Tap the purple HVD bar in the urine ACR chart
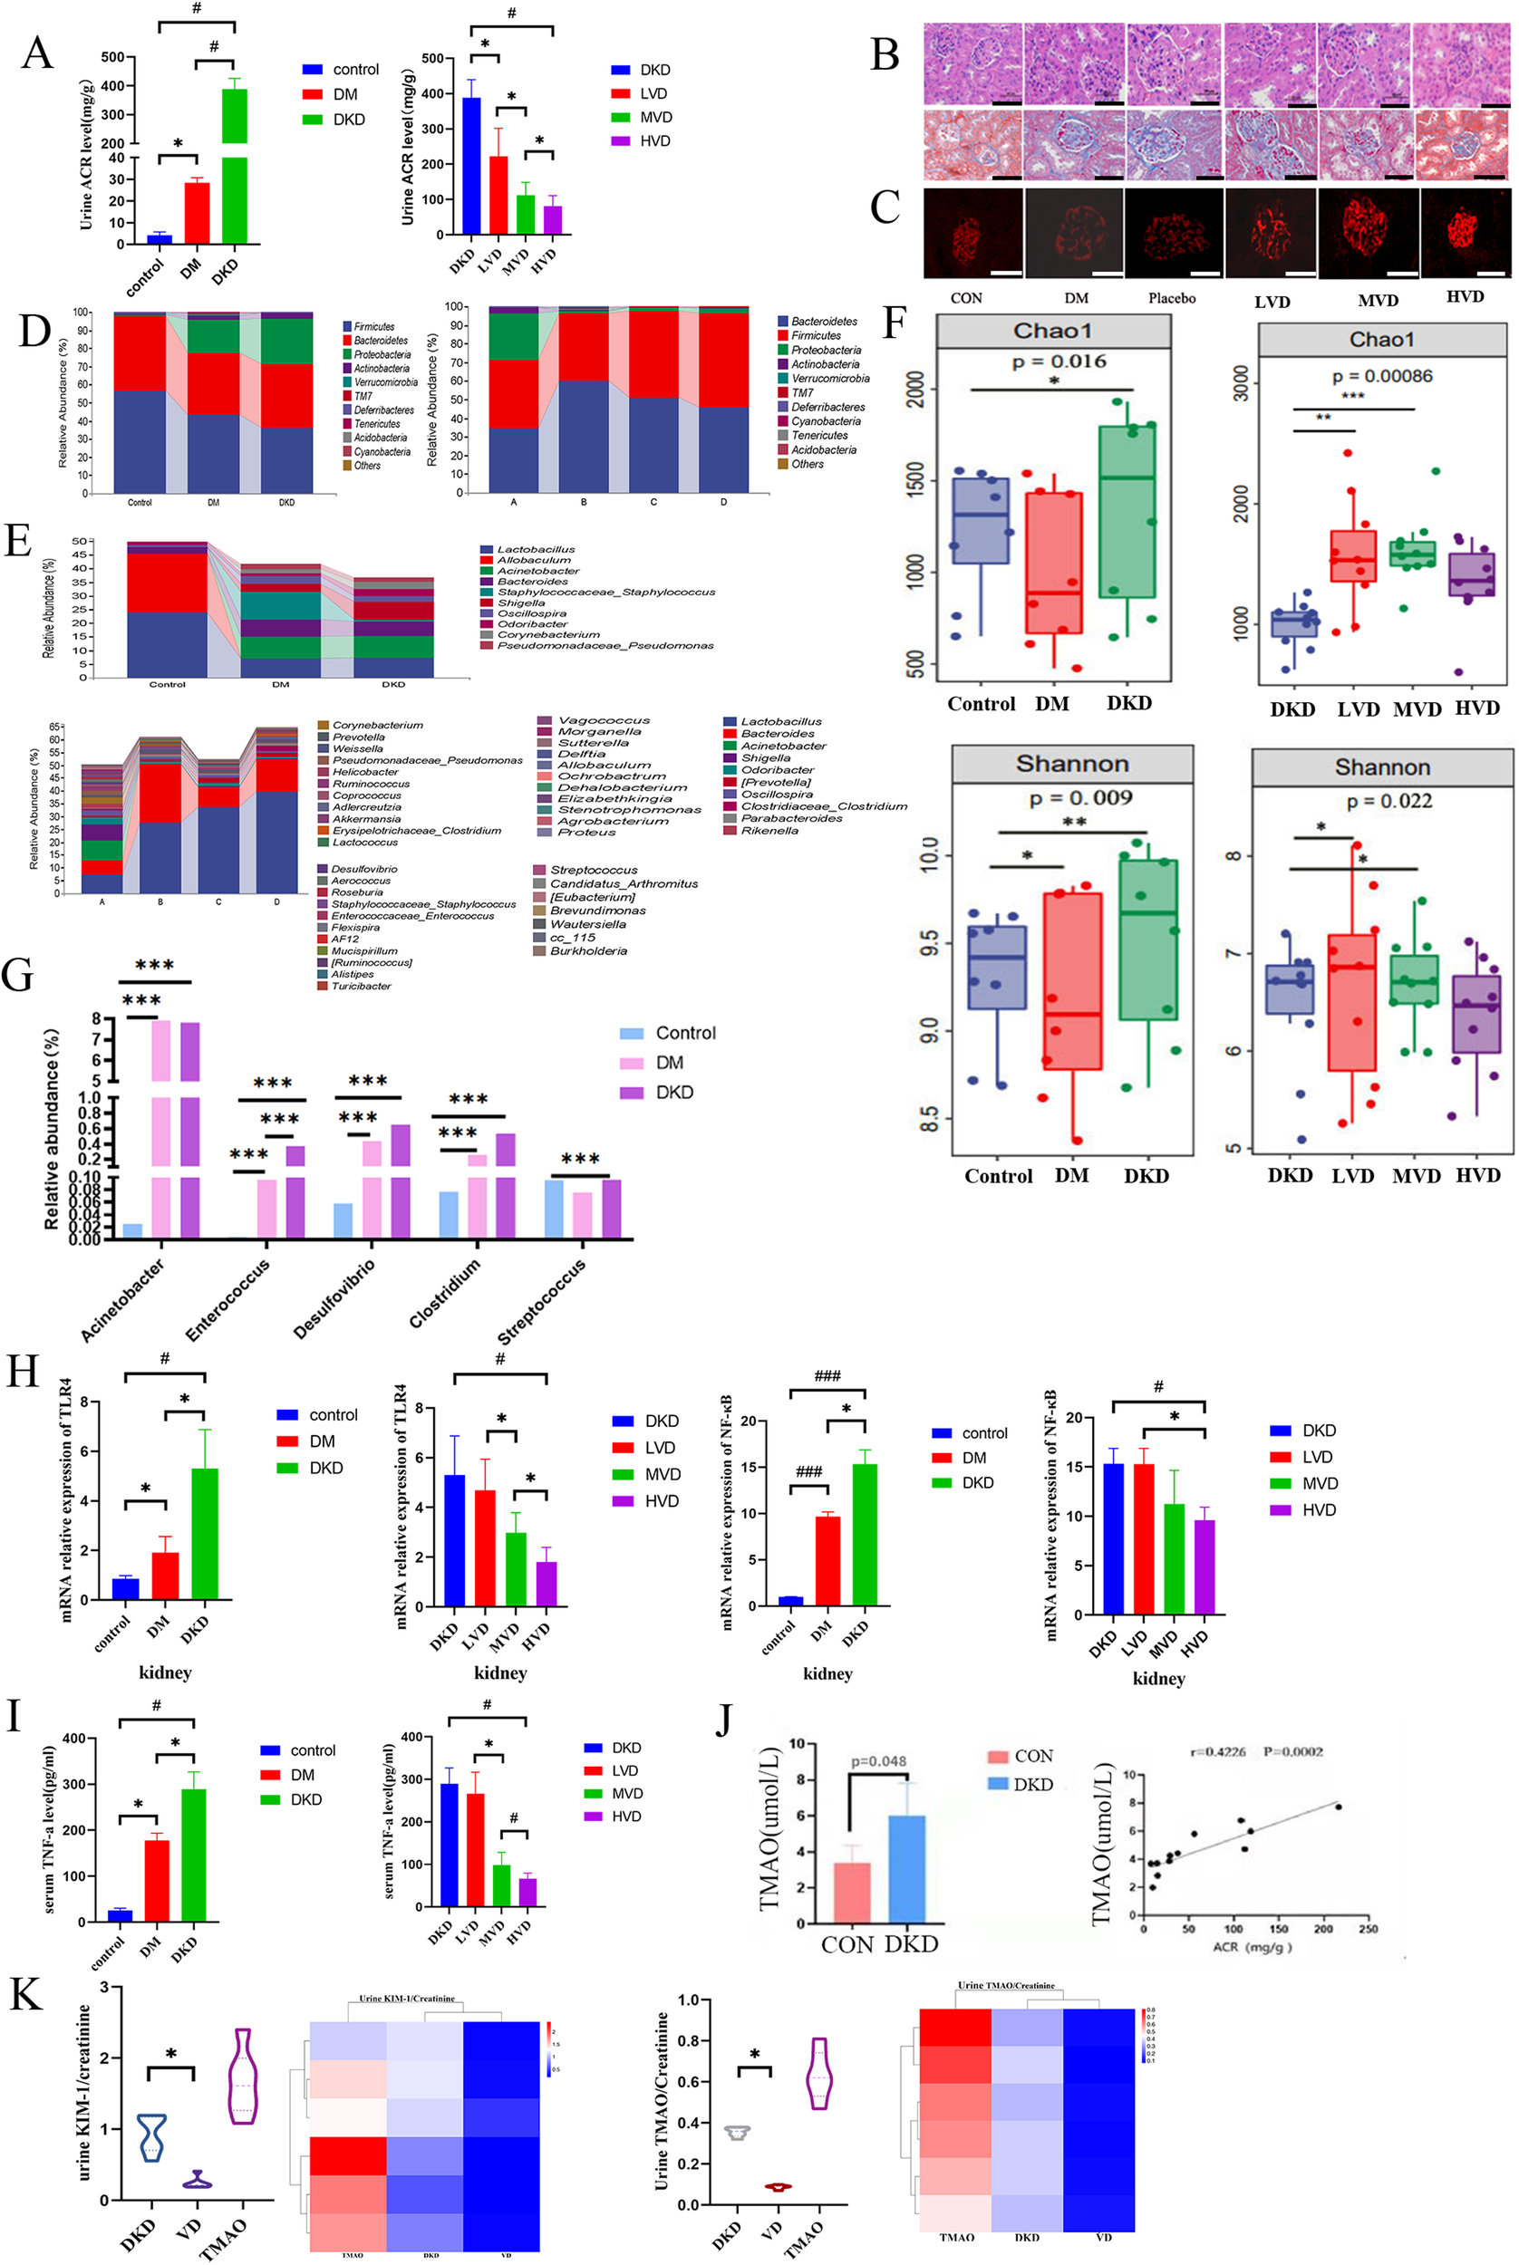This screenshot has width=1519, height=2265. pos(552,219)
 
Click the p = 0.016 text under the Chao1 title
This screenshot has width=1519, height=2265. pos(1059,361)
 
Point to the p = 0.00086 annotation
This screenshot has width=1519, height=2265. pos(1381,376)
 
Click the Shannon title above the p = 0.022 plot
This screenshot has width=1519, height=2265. pos(1381,767)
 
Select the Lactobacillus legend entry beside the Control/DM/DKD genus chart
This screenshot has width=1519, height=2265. pos(535,549)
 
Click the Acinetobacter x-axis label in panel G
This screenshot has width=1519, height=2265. pos(122,1299)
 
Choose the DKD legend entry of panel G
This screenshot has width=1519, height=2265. pos(674,1093)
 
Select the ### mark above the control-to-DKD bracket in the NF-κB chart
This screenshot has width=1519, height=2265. pos(827,1376)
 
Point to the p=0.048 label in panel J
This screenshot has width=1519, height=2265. pos(877,1761)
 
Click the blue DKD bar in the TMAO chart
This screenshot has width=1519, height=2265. pos(906,1868)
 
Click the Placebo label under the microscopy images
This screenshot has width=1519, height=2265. pos(1171,298)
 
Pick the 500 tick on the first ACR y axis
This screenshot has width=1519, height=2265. pos(112,57)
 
